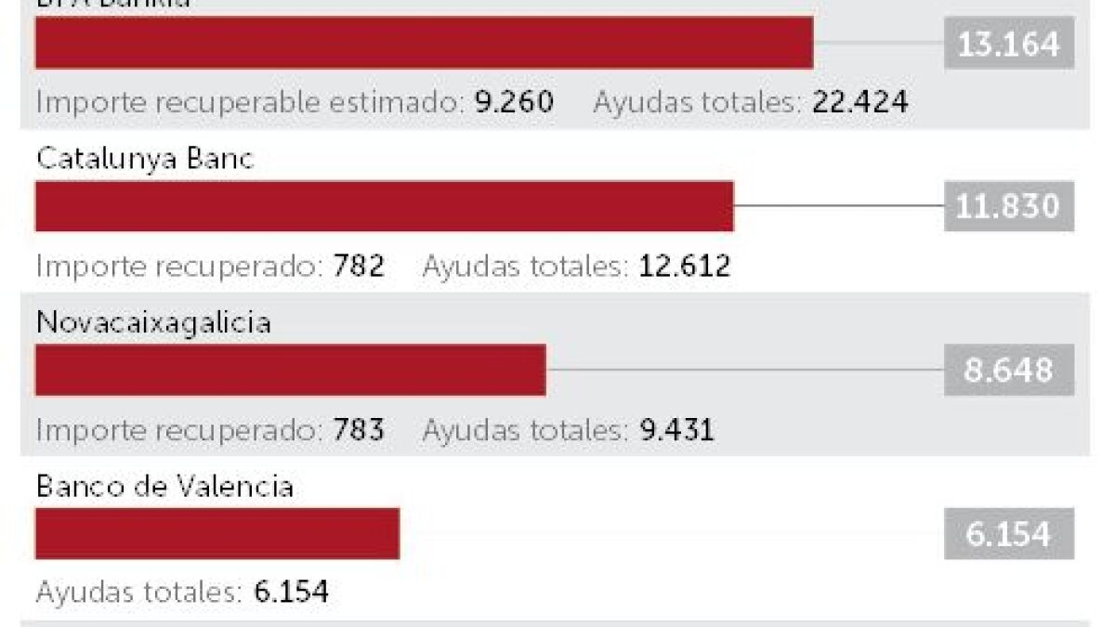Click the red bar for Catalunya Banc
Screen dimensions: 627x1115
(384, 206)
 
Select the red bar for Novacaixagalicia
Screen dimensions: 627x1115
(290, 370)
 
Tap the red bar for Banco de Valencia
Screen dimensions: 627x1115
(216, 533)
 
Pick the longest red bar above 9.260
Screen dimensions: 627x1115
(424, 43)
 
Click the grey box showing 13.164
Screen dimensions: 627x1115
(1008, 44)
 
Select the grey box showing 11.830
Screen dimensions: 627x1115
(1008, 206)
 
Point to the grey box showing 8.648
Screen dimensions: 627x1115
(1008, 370)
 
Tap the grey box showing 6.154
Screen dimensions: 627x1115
(1008, 534)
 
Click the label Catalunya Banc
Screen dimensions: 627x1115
(144, 160)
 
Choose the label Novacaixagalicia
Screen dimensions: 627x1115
(153, 323)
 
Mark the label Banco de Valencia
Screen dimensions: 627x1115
(164, 487)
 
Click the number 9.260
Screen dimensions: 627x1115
(514, 102)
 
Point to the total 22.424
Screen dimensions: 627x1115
(859, 102)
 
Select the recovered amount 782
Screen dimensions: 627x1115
(359, 267)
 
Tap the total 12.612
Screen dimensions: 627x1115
(684, 267)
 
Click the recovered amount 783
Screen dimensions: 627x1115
(359, 430)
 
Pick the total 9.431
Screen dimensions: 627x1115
(676, 430)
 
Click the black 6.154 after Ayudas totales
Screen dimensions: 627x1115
(291, 592)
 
